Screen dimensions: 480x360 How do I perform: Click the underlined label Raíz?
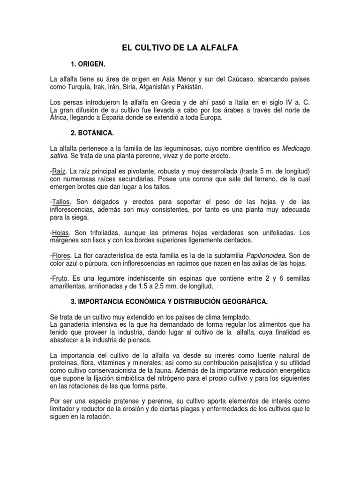[60, 171]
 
